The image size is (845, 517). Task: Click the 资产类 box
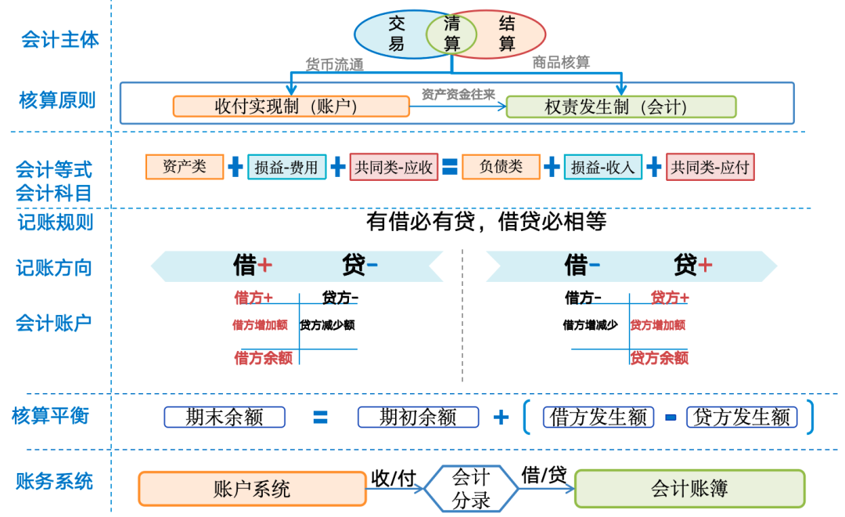(184, 166)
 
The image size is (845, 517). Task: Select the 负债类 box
(501, 166)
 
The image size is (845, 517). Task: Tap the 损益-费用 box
(286, 167)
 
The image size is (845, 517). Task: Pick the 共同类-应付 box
(710, 167)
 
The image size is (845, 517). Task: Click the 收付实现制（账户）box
(290, 107)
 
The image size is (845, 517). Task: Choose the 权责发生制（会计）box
(621, 107)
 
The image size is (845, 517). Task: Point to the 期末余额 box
(225, 417)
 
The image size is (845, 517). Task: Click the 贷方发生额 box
(742, 417)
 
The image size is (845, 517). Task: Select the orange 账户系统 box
(252, 489)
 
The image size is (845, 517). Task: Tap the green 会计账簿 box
(689, 489)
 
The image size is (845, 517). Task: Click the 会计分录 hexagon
(471, 488)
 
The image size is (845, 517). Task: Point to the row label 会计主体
(60, 40)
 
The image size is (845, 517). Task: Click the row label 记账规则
(56, 222)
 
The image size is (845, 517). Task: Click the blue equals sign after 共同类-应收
(449, 166)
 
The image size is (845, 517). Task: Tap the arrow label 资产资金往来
(458, 94)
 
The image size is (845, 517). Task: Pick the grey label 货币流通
(334, 64)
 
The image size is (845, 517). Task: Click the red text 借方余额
(264, 358)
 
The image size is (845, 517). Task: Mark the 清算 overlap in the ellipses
(451, 33)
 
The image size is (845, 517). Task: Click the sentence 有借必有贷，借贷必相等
(486, 222)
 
